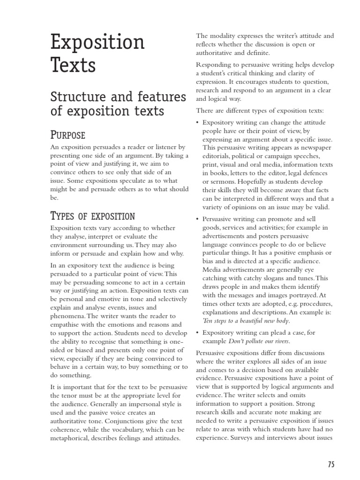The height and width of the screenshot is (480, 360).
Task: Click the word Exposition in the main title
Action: point(97,43)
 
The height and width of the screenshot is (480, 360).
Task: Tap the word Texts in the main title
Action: point(73,65)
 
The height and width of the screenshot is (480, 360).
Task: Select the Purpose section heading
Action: point(67,135)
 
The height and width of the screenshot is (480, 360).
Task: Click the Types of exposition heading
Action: point(92,216)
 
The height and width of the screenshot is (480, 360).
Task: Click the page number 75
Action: point(331,465)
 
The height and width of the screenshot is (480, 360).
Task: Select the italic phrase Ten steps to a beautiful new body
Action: point(246,321)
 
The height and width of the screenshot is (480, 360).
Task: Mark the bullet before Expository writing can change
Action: point(197,122)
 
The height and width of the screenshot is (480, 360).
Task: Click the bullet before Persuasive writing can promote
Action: point(197,219)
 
